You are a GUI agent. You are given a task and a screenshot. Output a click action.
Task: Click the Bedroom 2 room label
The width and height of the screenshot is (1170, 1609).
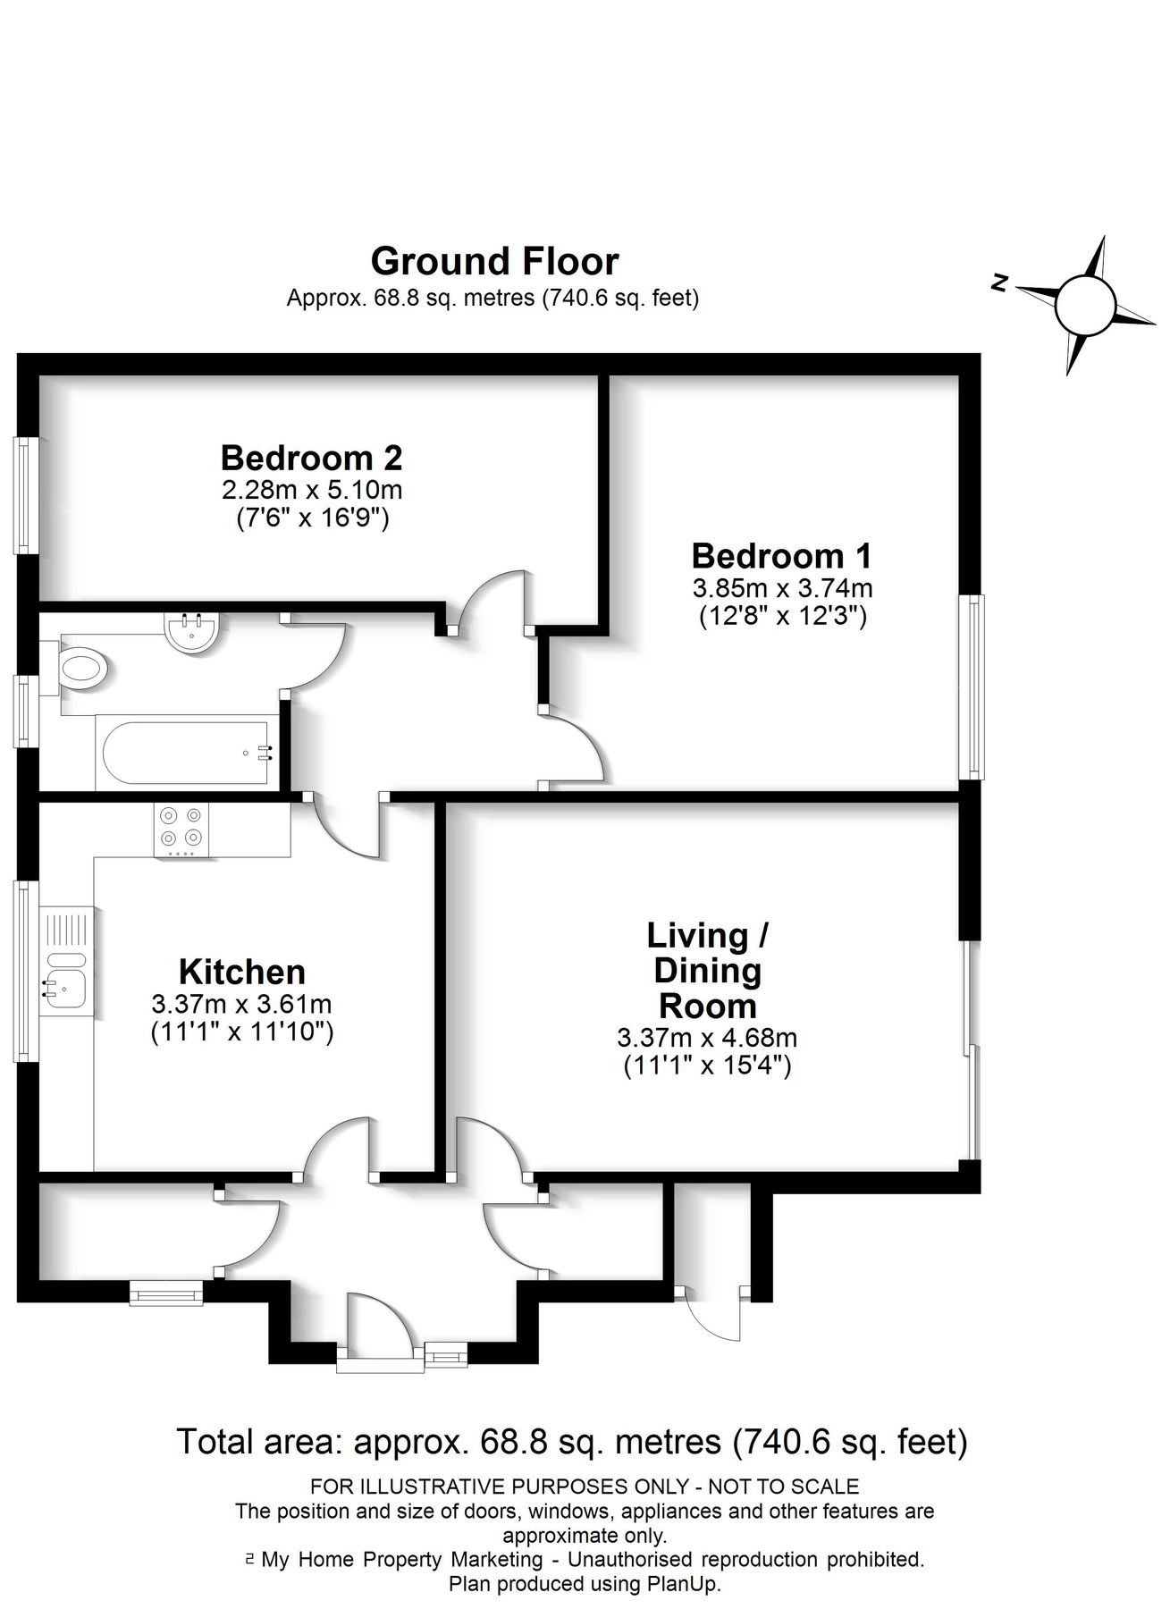(x=311, y=459)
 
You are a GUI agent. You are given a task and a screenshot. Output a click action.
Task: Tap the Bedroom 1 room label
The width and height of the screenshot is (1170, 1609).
(x=781, y=556)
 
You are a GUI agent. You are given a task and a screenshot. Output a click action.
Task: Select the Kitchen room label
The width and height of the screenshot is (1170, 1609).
(x=241, y=972)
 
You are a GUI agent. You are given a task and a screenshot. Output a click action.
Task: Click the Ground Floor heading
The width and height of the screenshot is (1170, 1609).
(x=494, y=262)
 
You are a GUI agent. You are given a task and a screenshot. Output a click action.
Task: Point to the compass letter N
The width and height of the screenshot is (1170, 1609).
(x=1001, y=284)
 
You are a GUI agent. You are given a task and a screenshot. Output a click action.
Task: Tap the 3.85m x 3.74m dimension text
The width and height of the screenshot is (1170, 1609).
(x=782, y=588)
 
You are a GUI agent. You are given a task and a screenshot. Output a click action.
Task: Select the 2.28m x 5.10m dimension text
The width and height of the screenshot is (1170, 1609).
(x=312, y=490)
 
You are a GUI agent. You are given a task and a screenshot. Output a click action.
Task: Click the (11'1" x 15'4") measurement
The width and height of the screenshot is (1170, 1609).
(x=707, y=1066)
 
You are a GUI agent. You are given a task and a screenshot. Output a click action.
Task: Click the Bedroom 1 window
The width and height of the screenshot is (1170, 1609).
(x=972, y=687)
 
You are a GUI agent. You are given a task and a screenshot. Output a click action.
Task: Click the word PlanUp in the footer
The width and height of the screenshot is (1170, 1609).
(x=686, y=1584)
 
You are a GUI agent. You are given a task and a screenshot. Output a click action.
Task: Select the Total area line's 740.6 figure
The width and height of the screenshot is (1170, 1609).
(x=780, y=1442)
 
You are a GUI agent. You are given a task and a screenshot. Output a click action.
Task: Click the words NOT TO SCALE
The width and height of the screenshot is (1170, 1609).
(x=783, y=1487)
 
